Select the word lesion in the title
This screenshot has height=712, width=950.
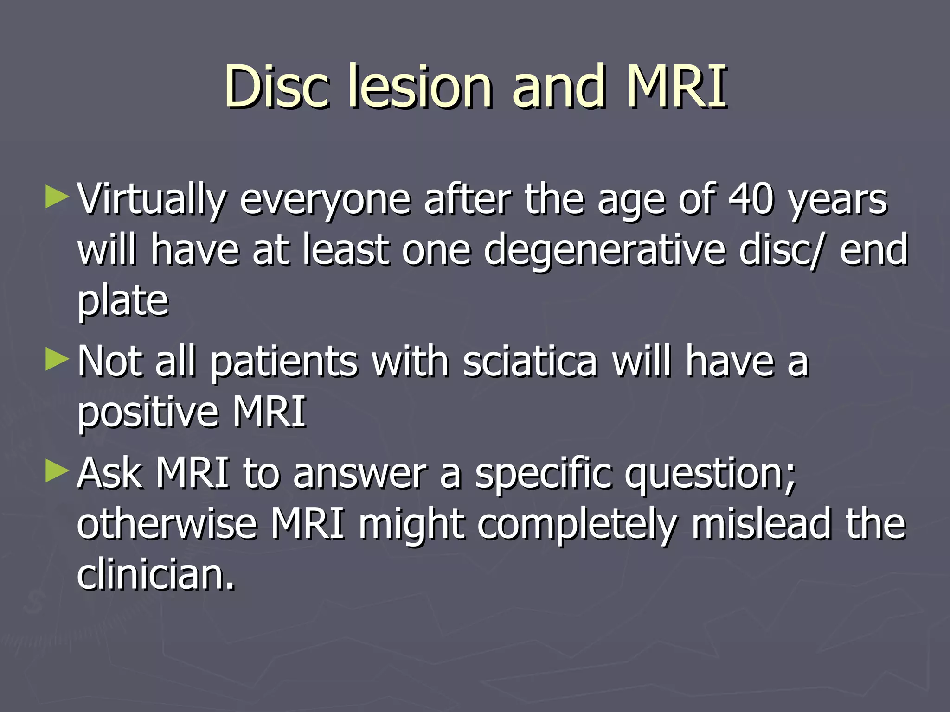(x=420, y=86)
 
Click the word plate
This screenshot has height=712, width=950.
(x=122, y=301)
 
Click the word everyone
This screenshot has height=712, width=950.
(x=325, y=200)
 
